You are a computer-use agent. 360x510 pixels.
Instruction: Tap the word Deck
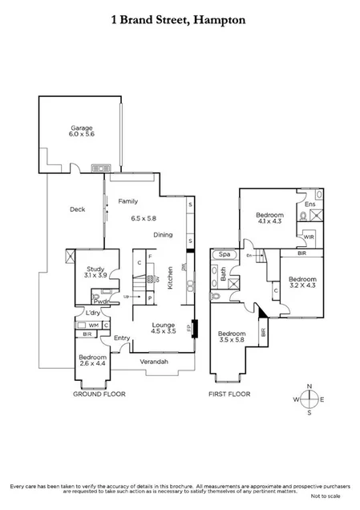tap(77, 209)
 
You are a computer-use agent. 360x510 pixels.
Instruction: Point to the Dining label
tap(164, 235)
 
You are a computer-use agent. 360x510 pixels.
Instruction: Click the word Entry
tap(121, 338)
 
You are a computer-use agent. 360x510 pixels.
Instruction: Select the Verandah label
tap(153, 362)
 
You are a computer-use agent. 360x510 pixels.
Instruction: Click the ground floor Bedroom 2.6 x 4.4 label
tap(92, 360)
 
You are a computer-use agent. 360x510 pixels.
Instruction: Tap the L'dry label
tap(93, 312)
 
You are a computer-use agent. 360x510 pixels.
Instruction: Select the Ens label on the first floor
tap(307, 205)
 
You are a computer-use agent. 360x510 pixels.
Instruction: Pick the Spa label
tap(225, 254)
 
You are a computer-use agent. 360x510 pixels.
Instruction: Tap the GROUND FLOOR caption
tap(98, 395)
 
